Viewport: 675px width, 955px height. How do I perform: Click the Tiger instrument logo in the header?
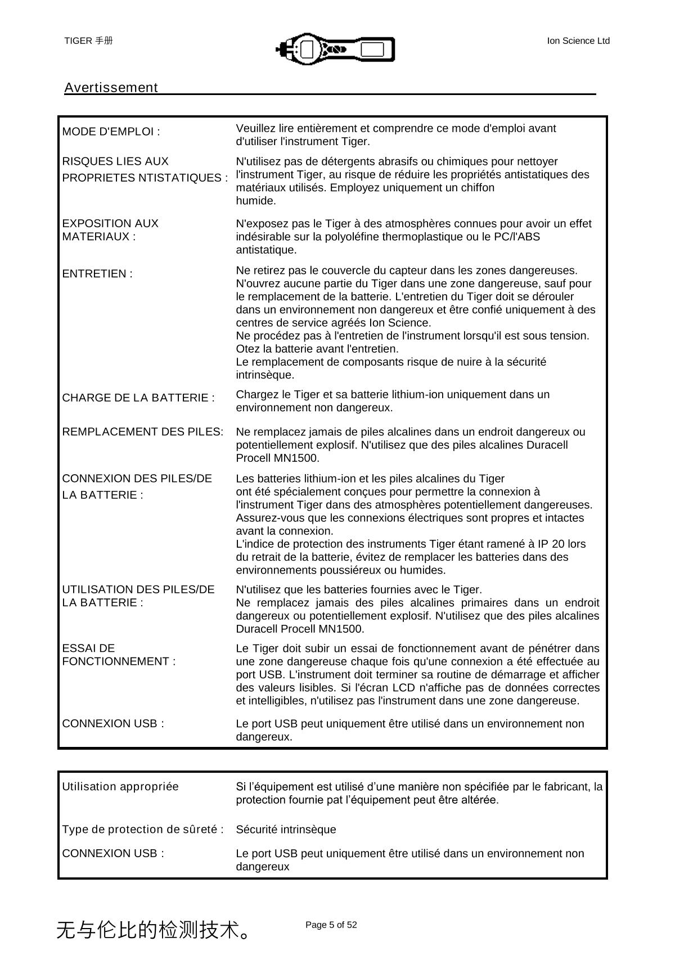click(x=335, y=48)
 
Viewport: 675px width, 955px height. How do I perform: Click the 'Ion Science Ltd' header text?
click(x=578, y=40)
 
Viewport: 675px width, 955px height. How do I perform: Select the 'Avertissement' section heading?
click(x=111, y=88)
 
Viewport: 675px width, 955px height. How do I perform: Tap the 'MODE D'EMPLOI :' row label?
click(x=111, y=132)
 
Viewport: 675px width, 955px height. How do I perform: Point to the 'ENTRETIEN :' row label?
click(x=97, y=274)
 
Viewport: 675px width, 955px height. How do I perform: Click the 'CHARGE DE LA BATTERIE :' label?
click(x=138, y=398)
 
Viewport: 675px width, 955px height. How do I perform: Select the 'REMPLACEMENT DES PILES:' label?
click(x=142, y=432)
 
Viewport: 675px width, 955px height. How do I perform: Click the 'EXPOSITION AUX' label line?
click(x=110, y=223)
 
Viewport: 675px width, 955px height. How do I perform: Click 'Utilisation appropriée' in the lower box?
click(x=120, y=786)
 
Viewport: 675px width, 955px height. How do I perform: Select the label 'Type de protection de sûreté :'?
click(x=143, y=830)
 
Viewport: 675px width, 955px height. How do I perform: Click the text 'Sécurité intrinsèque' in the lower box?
click(x=286, y=830)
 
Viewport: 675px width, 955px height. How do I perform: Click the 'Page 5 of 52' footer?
click(x=331, y=925)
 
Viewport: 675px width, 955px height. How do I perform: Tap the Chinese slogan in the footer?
click(x=153, y=930)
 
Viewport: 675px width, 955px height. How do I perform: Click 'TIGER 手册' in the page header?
click(x=88, y=40)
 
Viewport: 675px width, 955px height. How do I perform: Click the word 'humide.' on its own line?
click(x=256, y=201)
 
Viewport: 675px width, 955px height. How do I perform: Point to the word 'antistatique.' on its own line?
click(x=266, y=250)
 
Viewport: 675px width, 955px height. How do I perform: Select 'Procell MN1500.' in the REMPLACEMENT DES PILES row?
click(x=278, y=458)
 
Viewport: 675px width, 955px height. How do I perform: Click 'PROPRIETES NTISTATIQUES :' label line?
click(x=145, y=178)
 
